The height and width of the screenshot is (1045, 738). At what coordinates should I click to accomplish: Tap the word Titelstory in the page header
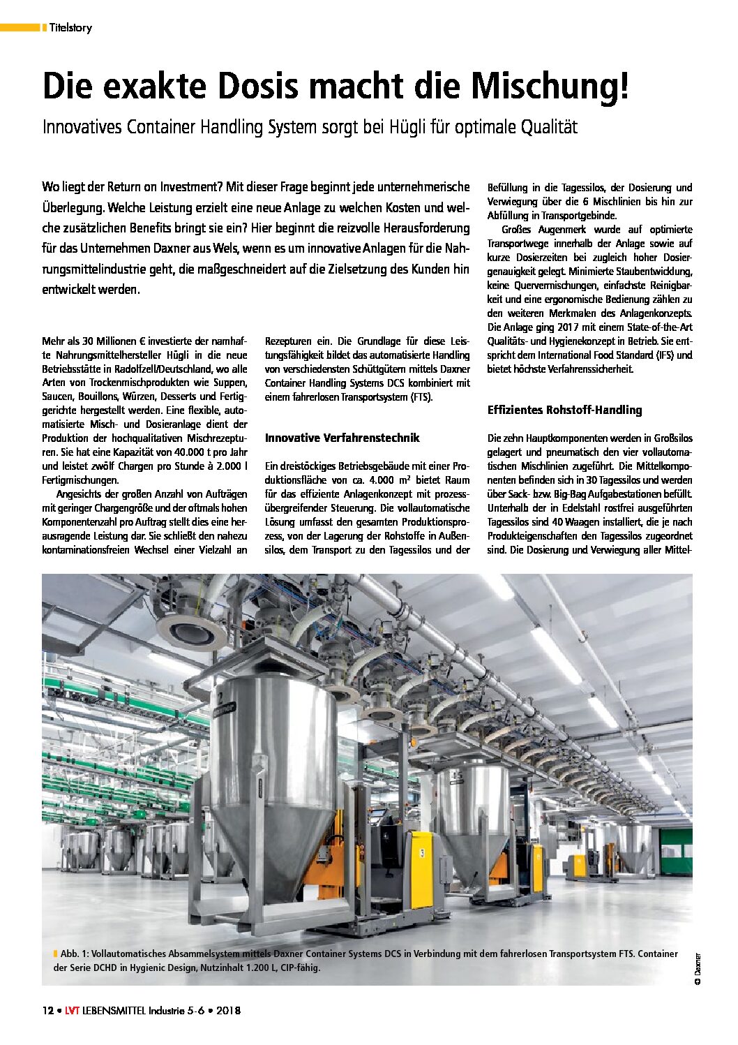point(70,28)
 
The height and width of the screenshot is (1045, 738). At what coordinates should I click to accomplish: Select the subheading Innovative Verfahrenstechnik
point(342,438)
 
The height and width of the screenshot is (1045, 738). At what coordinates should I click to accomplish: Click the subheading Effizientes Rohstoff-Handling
point(564,410)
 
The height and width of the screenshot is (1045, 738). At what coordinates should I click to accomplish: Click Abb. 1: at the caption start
point(75,954)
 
